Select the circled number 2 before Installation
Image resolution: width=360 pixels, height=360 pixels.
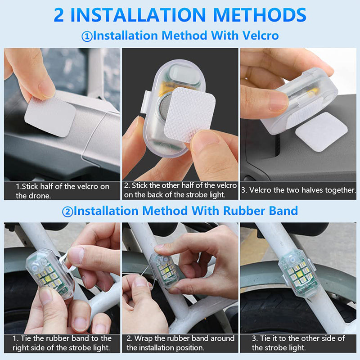coord(67,211)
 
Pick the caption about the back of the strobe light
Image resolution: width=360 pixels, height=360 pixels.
coord(180,190)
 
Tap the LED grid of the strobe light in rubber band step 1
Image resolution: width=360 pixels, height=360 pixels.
coord(50,279)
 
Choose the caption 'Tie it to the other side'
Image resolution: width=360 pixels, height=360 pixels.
coord(298,343)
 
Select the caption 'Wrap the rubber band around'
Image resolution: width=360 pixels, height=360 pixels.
coord(180,343)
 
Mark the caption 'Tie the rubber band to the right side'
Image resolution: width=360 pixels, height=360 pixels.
coord(62,343)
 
